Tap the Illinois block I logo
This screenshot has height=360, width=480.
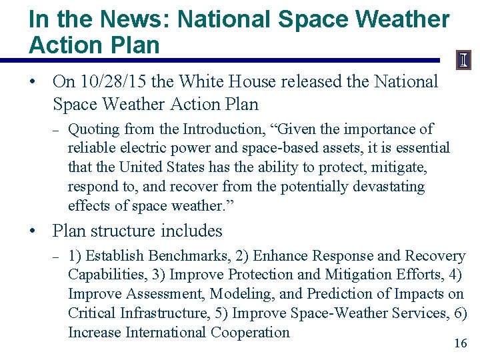click(463, 61)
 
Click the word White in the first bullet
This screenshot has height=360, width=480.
click(208, 82)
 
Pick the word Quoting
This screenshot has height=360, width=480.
click(93, 129)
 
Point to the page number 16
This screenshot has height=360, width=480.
click(460, 343)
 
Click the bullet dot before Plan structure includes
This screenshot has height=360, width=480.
click(32, 231)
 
